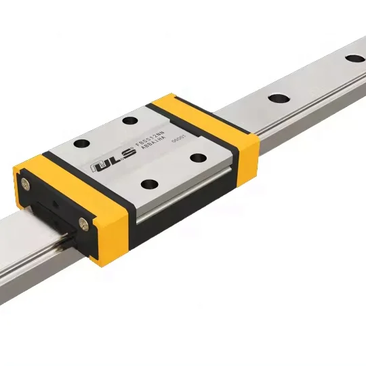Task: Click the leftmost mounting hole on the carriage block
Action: pos(81,143)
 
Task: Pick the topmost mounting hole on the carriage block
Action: pos(129,121)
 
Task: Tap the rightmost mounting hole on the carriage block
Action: pos(198,158)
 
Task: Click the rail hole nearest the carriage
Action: pos(277,98)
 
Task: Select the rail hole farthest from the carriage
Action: pos(354,58)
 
